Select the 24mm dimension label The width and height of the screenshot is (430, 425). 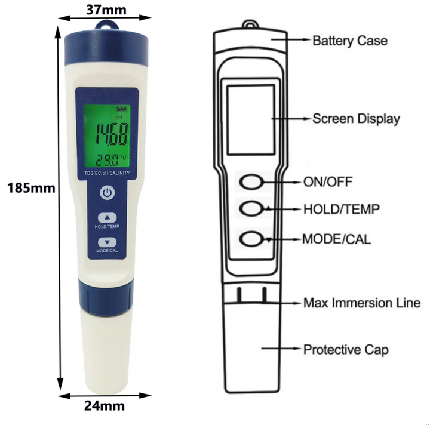[106, 406]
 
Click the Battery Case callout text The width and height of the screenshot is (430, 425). [350, 41]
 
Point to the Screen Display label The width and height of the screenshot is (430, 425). [356, 118]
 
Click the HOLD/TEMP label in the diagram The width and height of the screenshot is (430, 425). [341, 209]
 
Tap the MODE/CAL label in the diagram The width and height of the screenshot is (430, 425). [336, 239]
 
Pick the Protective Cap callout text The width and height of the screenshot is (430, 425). [346, 349]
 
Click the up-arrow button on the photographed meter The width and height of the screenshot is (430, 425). [107, 218]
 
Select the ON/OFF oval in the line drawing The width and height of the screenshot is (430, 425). [252, 181]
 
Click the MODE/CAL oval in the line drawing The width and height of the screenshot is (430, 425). [252, 239]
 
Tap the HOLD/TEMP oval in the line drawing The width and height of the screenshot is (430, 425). [252, 208]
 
